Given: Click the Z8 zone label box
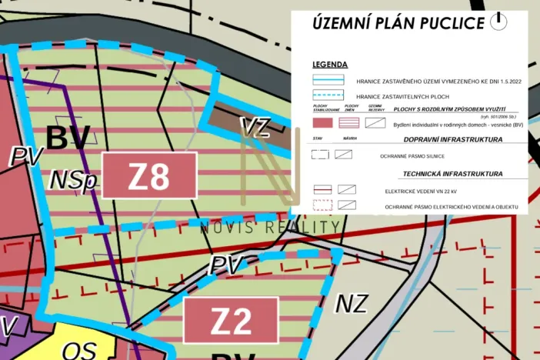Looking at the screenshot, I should point(149,175).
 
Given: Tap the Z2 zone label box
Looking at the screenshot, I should point(231,321).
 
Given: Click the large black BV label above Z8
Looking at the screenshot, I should point(68,138).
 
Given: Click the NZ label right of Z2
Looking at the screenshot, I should point(352,304).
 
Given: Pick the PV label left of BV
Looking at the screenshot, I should point(24,156).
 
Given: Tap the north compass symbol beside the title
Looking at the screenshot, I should point(499,21).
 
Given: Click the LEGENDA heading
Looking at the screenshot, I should point(330,65).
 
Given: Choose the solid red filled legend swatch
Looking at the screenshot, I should point(322,122).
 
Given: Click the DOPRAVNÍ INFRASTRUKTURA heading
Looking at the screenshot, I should point(453,140).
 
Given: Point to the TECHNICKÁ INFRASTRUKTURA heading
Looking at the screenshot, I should point(452,174).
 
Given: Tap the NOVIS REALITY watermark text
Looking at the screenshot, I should point(269,227).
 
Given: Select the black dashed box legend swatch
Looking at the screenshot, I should point(320,155).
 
